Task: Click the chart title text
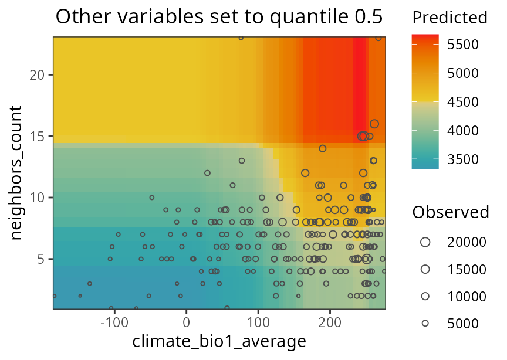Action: coord(219,18)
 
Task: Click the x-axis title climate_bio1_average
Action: coord(219,341)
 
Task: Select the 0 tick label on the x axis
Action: coord(186,322)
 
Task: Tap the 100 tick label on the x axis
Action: coord(258,322)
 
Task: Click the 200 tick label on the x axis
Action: coord(330,322)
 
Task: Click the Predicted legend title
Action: coord(449,18)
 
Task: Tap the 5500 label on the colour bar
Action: coord(463,45)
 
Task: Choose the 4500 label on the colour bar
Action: coord(463,102)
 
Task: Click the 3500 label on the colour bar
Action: coord(463,159)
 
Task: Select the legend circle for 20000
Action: coord(425,242)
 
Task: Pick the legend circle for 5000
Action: coord(425,322)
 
